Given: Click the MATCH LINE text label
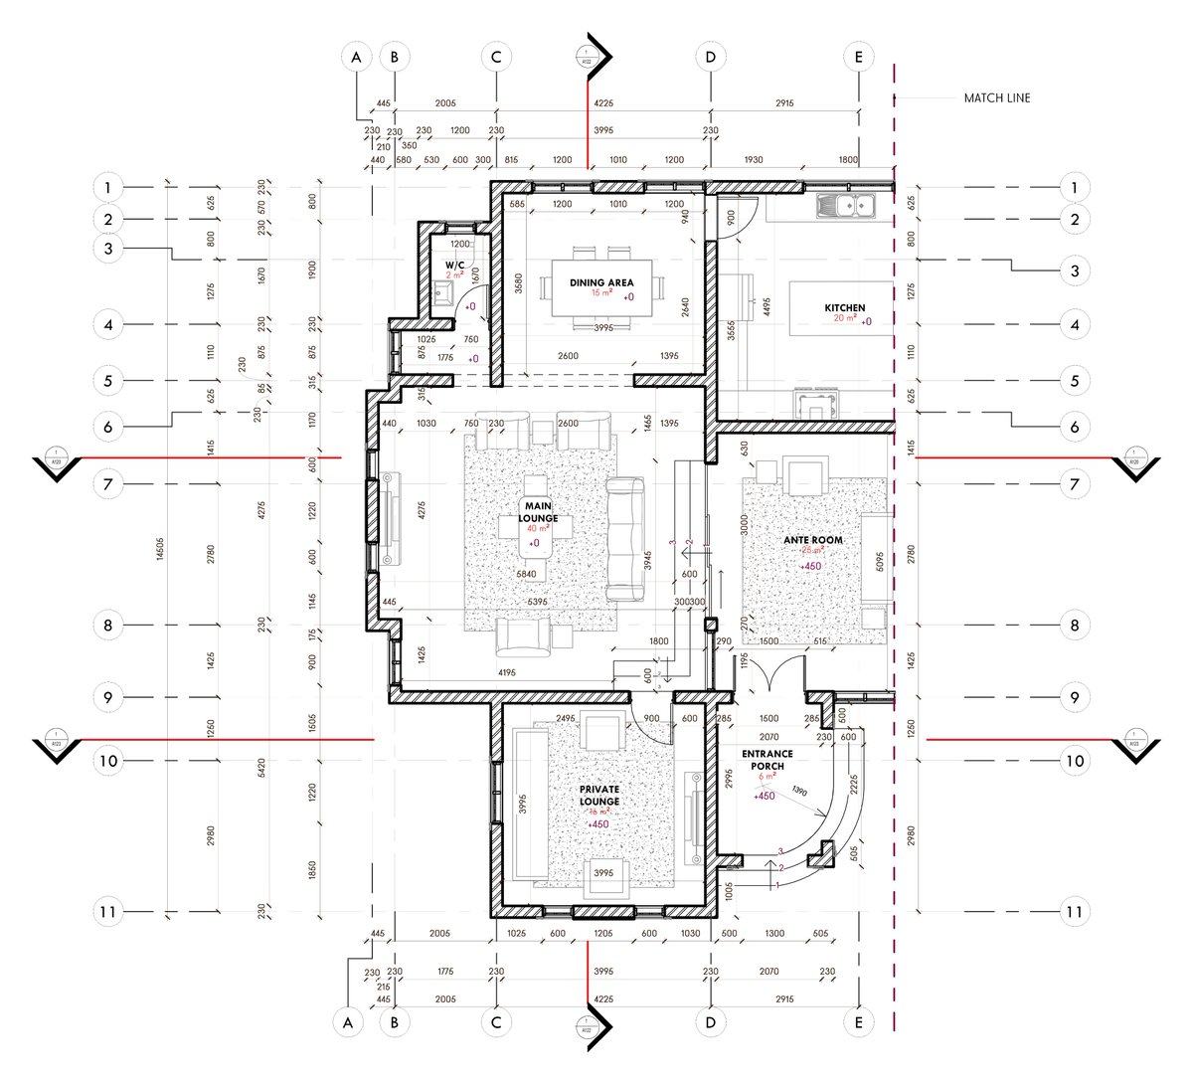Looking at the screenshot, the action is pos(996,98).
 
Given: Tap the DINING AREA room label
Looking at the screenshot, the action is pos(601,282).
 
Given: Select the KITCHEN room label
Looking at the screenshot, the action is pos(845,308).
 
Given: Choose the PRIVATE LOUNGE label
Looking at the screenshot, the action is pos(599,795).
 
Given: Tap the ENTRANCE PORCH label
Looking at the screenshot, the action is pos(764,760).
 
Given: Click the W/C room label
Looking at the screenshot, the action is pos(454,265).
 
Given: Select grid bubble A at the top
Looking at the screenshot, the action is pos(355,58).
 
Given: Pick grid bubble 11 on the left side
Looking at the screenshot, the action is pos(108,911).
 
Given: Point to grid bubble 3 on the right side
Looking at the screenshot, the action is pos(1074,270).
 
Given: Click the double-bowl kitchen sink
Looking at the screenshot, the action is pos(845,206).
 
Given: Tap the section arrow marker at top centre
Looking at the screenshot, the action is pos(594,58).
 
